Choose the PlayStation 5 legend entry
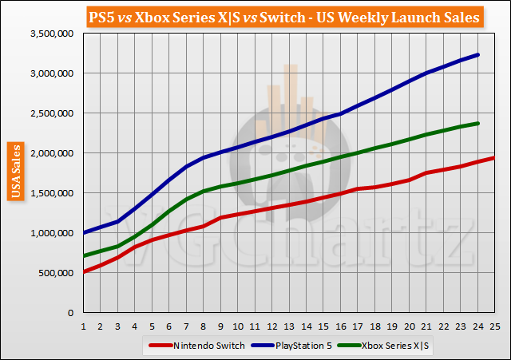293,345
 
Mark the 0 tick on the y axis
73,313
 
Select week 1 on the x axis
84,326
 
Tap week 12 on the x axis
271,326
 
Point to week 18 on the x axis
374,326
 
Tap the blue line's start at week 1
84,232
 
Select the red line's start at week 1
84,272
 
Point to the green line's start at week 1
84,255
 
